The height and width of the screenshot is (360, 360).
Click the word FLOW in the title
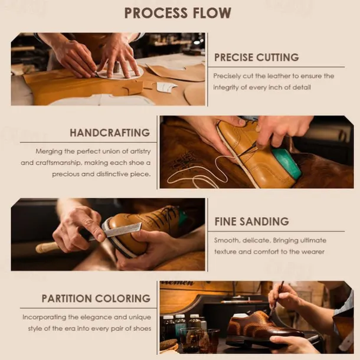(x=212, y=13)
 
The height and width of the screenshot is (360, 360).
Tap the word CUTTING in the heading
(x=277, y=57)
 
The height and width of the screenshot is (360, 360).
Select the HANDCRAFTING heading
(x=110, y=133)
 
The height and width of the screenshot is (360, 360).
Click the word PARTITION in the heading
(x=67, y=299)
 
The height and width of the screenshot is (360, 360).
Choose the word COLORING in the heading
(x=123, y=299)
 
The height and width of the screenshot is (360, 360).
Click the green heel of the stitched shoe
(x=287, y=162)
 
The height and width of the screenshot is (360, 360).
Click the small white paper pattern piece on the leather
(x=166, y=87)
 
